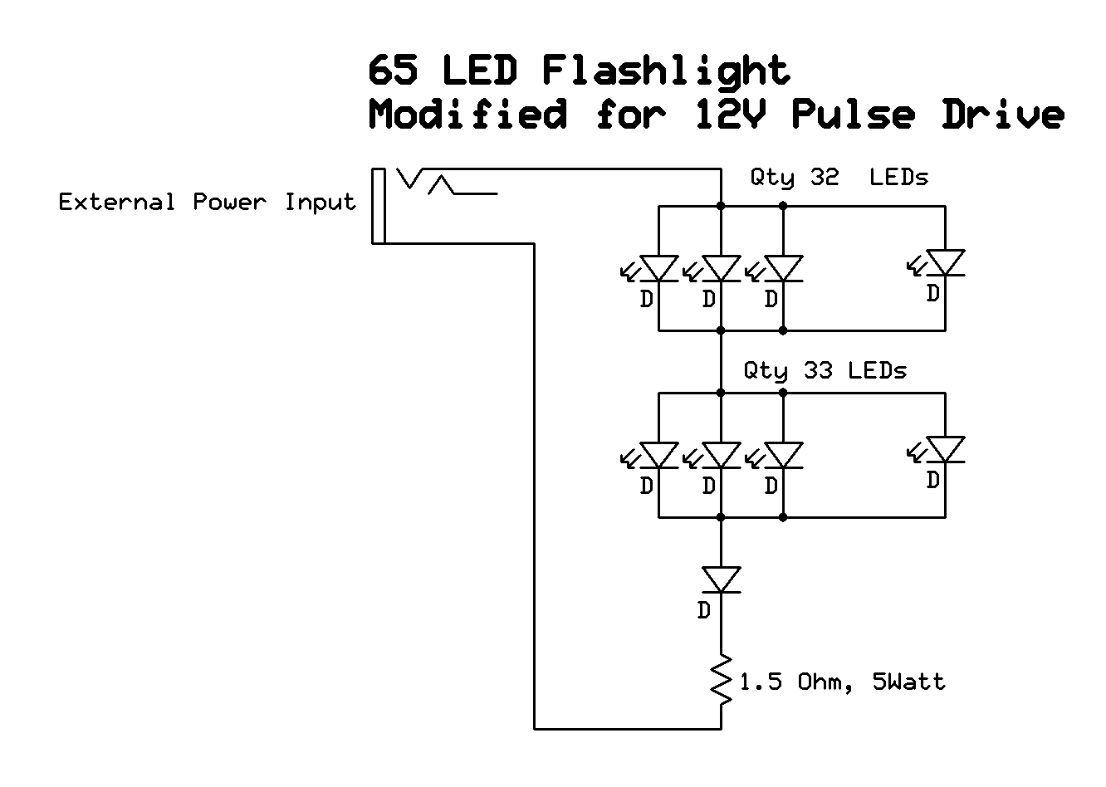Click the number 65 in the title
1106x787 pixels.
click(394, 71)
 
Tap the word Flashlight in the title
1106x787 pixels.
click(666, 72)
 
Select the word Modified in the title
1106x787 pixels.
click(468, 114)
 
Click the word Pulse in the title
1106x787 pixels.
click(853, 114)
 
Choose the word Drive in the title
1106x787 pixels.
click(1002, 114)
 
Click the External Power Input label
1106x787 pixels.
click(207, 203)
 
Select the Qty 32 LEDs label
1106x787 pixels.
click(839, 178)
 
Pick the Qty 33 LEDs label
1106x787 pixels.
click(825, 370)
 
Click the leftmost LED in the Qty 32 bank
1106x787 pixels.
click(659, 268)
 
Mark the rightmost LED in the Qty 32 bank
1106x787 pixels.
click(945, 263)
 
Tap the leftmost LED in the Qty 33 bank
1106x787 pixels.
click(659, 455)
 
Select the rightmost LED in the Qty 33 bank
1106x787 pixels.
click(945, 450)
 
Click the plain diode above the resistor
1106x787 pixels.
click(721, 579)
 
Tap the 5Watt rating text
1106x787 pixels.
click(908, 682)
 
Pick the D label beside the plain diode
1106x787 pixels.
click(704, 611)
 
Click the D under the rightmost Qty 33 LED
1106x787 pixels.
click(933, 480)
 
